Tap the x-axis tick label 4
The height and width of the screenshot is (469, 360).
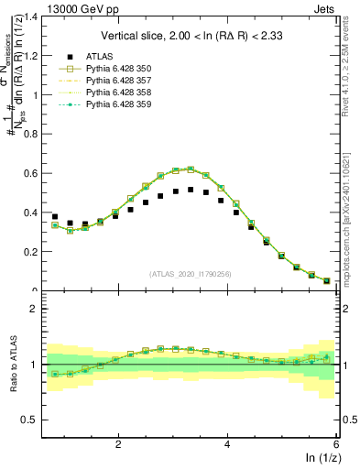(x=227, y=444)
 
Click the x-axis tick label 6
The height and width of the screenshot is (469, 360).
(x=336, y=444)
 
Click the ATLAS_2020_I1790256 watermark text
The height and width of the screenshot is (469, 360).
(x=190, y=273)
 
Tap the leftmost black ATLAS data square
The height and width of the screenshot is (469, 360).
(x=55, y=217)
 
